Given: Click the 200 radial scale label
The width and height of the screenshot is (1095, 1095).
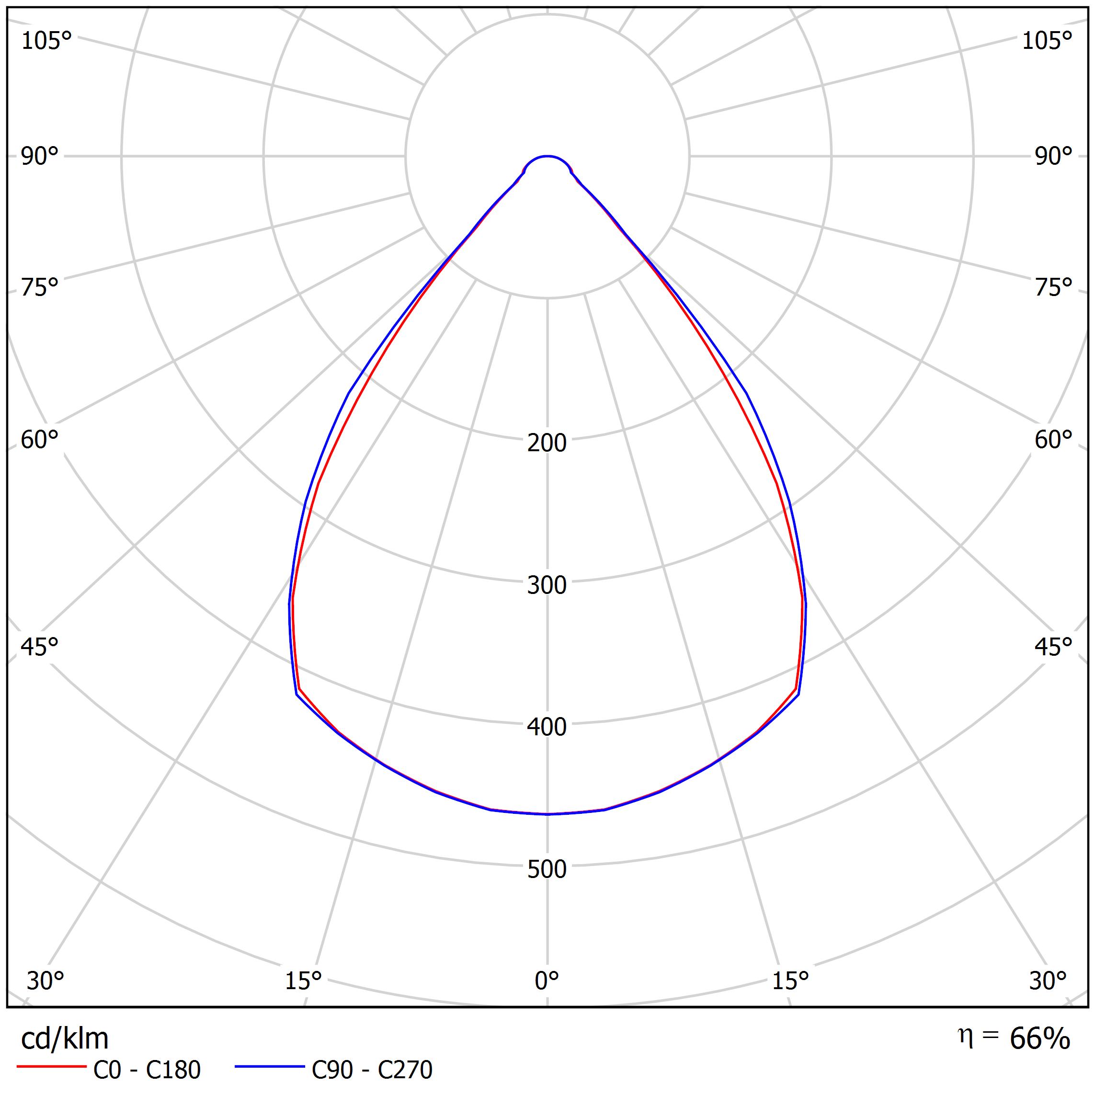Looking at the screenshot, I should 547,443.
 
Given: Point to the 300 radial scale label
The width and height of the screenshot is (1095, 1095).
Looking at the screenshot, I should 547,585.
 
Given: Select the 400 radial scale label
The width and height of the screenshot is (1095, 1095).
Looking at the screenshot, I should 547,727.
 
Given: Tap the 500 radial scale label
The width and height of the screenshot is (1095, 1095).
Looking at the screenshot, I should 547,869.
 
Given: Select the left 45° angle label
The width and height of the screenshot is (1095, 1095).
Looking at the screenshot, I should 40,647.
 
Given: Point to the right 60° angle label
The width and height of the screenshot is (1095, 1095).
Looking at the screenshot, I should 1054,440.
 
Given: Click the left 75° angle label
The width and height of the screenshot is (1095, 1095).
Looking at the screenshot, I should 40,287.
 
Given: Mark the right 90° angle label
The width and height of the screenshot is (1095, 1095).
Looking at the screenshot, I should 1054,157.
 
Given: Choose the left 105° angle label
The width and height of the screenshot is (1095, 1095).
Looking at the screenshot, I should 46,41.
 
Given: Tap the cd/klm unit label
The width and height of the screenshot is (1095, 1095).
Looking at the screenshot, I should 65,1039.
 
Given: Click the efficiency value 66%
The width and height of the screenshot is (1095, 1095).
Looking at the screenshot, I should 1039,1038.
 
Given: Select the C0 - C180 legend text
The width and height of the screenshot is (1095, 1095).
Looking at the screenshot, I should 147,1070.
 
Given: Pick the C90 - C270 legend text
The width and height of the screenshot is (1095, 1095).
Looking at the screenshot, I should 372,1070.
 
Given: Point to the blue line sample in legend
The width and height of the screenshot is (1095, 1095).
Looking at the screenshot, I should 270,1067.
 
